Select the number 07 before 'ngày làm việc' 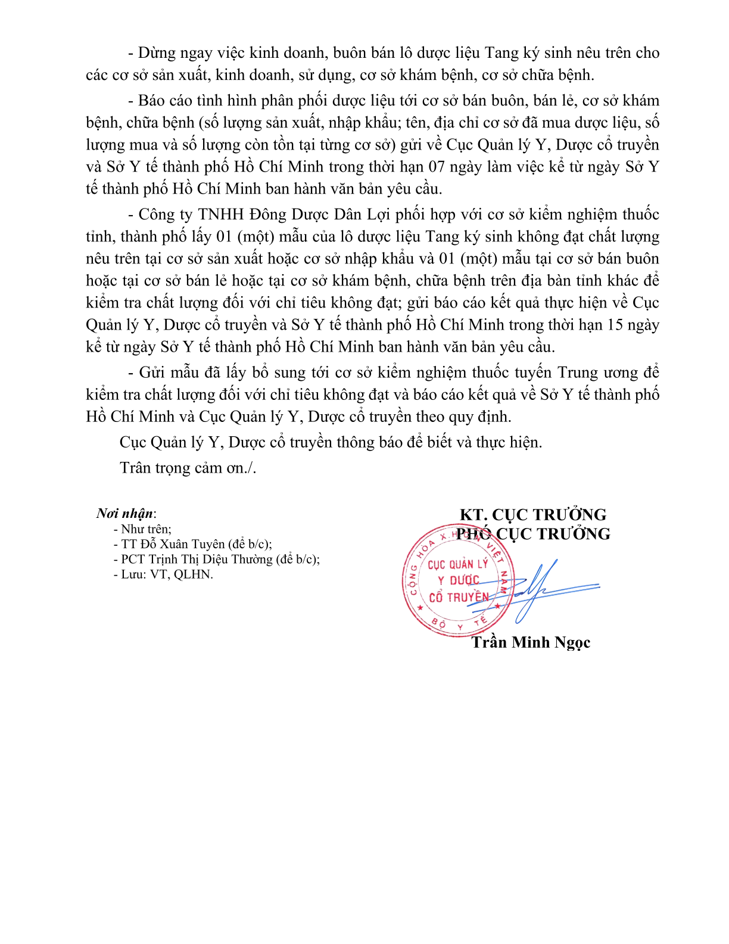pos(437,167)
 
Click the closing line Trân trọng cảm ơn pos(188,468)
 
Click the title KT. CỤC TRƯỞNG pos(533,515)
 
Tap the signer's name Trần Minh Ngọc pos(531,642)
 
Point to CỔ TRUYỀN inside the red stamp pos(458,597)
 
